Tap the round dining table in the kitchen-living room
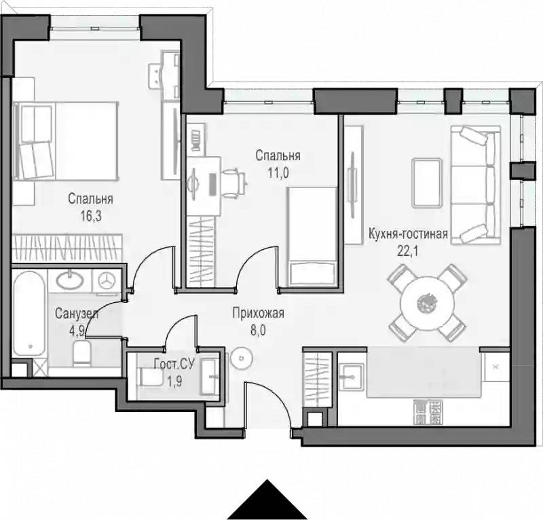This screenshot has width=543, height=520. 427,303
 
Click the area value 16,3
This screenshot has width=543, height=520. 91,216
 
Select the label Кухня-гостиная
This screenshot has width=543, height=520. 408,234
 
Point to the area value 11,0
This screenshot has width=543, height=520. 278,172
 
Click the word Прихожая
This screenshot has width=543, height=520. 258,313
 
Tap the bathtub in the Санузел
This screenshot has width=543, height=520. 29,314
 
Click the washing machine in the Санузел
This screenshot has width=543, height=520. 107,280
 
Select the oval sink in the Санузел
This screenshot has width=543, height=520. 70,280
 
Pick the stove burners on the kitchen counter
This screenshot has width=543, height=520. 428,412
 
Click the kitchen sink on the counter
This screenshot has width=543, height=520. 351,376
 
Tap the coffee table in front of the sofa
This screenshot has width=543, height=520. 427,183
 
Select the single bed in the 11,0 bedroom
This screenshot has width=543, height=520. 312,236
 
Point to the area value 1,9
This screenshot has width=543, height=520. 174,382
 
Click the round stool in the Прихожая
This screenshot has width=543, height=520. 242,358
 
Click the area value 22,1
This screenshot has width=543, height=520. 408,250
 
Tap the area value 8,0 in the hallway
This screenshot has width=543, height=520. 258,330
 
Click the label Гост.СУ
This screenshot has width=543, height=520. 174,364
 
